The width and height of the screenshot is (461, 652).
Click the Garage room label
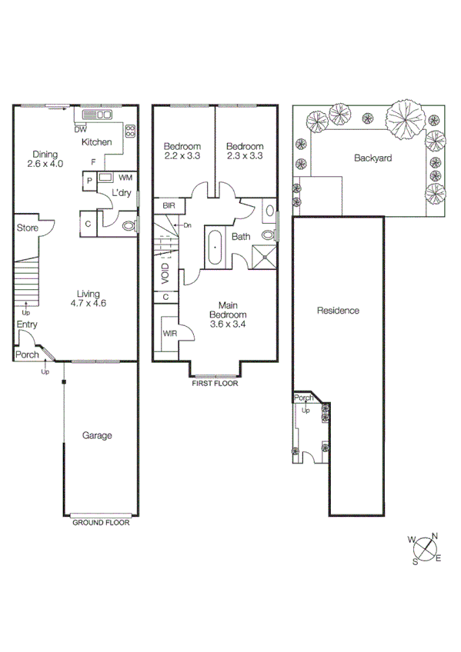click(98, 435)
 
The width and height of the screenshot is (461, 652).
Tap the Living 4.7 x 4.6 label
click(91, 298)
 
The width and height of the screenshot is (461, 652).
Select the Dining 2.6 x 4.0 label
click(45, 158)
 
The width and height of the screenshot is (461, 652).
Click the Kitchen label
click(97, 142)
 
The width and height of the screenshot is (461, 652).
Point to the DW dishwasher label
click(80, 129)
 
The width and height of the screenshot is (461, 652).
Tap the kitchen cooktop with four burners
click(129, 130)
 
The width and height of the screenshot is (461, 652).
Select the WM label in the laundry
click(125, 177)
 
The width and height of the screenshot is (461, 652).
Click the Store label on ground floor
click(28, 228)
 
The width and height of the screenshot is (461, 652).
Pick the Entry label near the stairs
click(27, 325)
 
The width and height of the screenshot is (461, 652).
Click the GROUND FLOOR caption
click(101, 522)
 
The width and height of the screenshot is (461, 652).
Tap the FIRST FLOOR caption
click(215, 382)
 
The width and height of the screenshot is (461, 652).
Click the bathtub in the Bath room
click(214, 248)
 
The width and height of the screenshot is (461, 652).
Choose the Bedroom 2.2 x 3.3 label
click(182, 151)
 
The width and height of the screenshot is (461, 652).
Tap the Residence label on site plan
click(339, 311)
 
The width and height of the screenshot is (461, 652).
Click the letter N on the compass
click(435, 537)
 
